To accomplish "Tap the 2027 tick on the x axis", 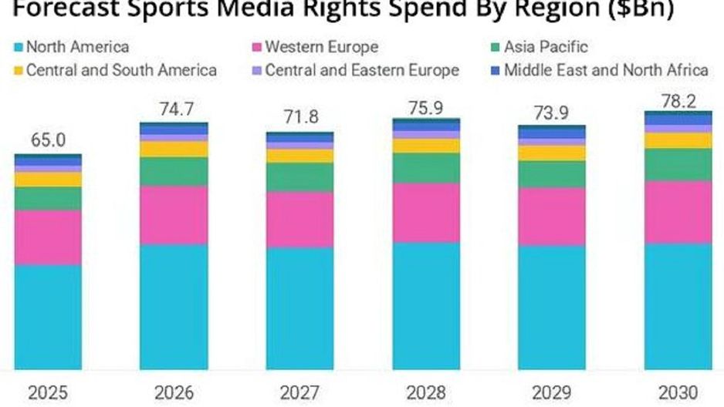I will [300, 392].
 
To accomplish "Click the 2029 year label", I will [552, 392].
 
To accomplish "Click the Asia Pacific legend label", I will [546, 47].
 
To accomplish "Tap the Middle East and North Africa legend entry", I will [605, 70].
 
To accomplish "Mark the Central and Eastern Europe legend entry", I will [361, 70].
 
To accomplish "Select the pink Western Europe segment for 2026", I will [174, 215].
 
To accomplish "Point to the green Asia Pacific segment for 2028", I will [427, 167].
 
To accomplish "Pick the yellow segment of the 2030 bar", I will [679, 140].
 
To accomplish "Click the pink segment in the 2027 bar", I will [300, 220].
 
